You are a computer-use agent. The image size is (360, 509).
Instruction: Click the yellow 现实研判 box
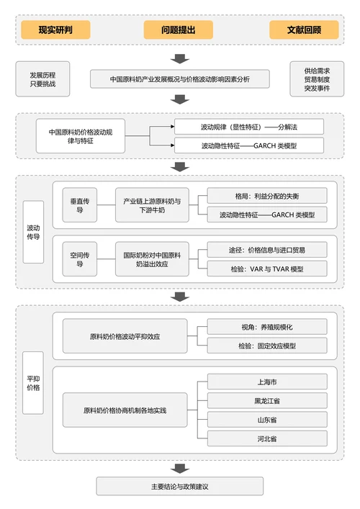click(55, 30)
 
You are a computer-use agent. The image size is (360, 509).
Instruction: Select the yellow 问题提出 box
click(179, 30)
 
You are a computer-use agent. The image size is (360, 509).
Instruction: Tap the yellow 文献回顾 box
click(304, 30)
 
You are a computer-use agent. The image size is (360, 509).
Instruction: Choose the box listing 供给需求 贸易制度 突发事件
click(317, 80)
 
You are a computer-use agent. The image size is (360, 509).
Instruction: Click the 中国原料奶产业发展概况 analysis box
click(180, 78)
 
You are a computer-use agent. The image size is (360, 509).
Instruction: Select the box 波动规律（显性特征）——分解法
click(249, 127)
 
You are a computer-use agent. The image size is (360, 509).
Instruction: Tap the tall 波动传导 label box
click(33, 231)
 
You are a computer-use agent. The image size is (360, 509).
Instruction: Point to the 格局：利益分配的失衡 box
click(266, 196)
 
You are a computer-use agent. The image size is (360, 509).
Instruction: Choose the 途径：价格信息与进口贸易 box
click(266, 250)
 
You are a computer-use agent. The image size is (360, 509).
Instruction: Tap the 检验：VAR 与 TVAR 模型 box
click(266, 269)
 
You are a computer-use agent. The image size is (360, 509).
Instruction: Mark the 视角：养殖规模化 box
click(266, 327)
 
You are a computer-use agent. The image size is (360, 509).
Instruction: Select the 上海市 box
click(266, 382)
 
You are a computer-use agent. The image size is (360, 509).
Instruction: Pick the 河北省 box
click(266, 438)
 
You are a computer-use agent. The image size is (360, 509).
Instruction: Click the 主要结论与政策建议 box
click(180, 486)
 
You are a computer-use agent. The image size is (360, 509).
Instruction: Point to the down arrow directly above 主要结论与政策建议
click(180, 465)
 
